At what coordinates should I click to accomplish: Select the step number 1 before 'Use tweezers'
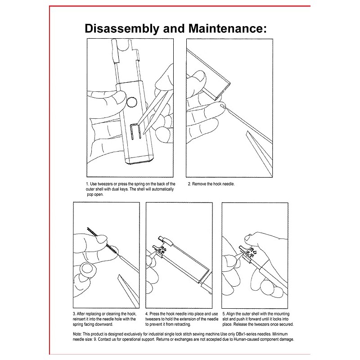click(87, 184)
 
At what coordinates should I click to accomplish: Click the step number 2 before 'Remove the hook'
click(189, 184)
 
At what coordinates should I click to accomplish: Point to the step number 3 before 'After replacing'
click(74, 313)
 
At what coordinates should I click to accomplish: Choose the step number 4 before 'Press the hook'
click(147, 313)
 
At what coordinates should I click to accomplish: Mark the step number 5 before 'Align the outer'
click(223, 313)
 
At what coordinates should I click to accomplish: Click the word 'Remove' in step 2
click(200, 184)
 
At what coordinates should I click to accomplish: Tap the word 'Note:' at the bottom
click(77, 334)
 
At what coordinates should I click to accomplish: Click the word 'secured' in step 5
click(286, 324)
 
